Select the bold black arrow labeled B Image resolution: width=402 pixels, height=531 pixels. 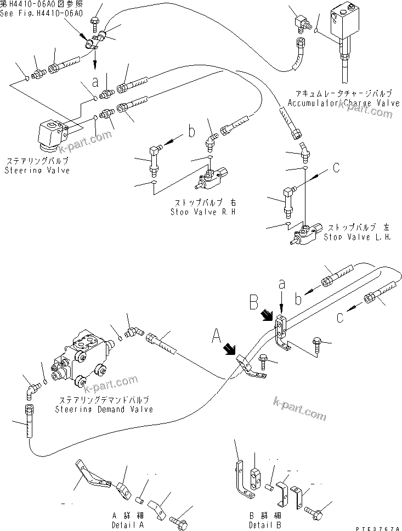[267, 314]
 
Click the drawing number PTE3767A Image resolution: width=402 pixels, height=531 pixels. [377, 526]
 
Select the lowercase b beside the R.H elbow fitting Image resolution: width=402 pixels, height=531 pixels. [191, 132]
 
